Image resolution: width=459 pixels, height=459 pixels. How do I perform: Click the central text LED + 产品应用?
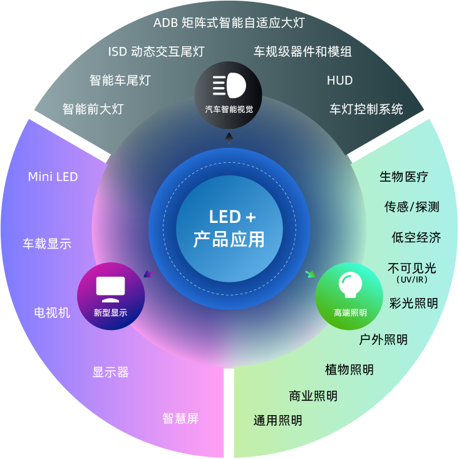[229, 229]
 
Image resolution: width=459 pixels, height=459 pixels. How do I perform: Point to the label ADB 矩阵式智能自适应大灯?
[229, 23]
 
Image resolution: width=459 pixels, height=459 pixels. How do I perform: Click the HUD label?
[339, 81]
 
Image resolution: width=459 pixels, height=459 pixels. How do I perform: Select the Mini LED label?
[53, 177]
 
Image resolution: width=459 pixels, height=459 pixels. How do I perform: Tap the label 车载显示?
[47, 244]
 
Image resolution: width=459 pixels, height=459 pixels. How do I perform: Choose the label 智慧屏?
[180, 418]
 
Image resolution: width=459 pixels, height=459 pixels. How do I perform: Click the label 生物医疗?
[404, 177]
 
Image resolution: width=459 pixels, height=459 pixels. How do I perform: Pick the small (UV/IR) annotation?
[413, 280]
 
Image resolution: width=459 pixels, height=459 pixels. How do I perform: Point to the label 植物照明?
[349, 369]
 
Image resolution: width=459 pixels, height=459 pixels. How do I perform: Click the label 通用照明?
[277, 420]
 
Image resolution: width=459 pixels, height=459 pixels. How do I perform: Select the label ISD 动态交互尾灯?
[156, 52]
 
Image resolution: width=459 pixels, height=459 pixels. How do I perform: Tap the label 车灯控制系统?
[366, 109]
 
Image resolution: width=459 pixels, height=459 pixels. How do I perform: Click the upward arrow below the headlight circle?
[229, 138]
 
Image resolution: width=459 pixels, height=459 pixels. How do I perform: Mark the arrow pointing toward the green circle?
[310, 274]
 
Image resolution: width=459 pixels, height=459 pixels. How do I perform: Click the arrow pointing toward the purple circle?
[148, 274]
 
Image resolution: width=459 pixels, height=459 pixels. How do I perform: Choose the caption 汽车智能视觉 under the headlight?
[229, 109]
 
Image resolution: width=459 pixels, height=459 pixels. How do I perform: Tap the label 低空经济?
[416, 237]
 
